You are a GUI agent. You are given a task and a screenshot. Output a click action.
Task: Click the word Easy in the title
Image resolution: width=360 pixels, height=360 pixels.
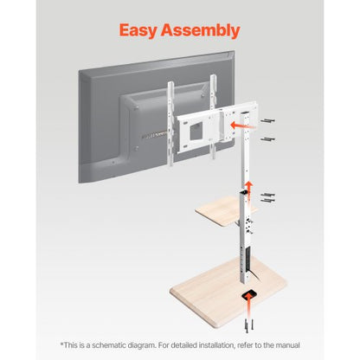point(145,30)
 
